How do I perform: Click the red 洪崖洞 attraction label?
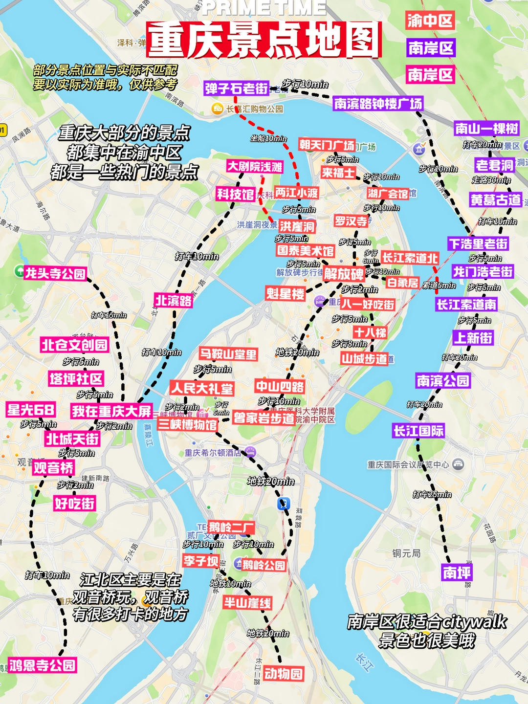pos(297,226)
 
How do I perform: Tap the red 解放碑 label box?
pos(344,274)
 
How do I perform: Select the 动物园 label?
pos(283,674)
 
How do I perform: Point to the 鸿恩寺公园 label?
pos(43,665)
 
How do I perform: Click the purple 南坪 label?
pos(457,572)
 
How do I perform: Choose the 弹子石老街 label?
pos(237,88)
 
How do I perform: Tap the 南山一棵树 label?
pos(486,129)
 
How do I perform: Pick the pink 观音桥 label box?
pos(53,468)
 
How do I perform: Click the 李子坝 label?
pos(200,560)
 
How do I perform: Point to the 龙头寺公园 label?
pos(55,273)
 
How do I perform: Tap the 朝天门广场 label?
pos(327,145)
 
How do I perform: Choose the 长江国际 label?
pos(418,431)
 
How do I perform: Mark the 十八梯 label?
pos(370,333)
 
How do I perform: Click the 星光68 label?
pos(31,410)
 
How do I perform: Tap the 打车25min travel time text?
pos(432,494)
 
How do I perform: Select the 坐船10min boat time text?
pos(268,139)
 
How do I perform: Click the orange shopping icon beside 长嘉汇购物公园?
pos(217,109)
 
